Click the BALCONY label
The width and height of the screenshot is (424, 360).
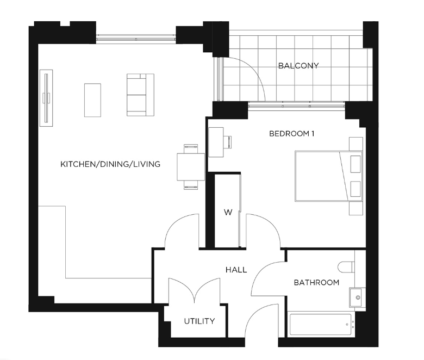[298, 66]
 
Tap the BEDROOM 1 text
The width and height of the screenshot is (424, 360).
[291, 134]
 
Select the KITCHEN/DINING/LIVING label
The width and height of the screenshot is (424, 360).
[110, 164]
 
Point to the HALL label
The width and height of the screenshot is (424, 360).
[236, 270]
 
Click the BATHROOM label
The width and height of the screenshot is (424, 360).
[316, 283]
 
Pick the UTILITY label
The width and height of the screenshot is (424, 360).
[199, 321]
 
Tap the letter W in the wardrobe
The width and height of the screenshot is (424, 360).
[228, 212]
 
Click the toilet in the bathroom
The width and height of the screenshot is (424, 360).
[346, 267]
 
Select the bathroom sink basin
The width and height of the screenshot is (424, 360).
[356, 297]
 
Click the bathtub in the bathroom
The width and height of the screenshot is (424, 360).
[320, 324]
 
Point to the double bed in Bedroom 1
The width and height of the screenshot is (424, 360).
[328, 176]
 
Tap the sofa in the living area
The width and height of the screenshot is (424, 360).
[140, 95]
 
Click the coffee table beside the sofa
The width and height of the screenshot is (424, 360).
[92, 100]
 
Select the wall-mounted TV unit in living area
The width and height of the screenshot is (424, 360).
[46, 98]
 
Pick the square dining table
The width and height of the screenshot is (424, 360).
[191, 167]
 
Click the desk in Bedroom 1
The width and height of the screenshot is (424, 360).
[216, 142]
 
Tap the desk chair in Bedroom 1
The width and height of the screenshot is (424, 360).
[227, 142]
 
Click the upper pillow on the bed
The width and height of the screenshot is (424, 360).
[356, 164]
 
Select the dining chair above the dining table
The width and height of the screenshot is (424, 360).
[191, 149]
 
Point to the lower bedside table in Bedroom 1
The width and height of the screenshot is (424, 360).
[356, 208]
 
